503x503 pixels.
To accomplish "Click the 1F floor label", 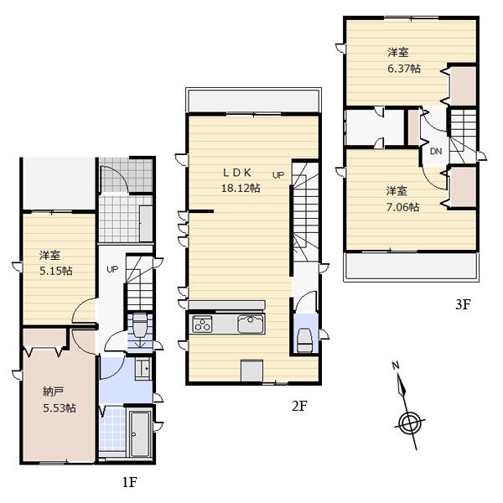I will pyautogui.click(x=127, y=482).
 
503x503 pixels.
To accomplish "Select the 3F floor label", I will pyautogui.click(x=462, y=305).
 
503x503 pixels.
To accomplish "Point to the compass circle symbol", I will pyautogui.click(x=409, y=423).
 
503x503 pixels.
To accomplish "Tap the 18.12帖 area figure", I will pyautogui.click(x=241, y=189).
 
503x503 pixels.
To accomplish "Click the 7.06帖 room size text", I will pyautogui.click(x=401, y=205).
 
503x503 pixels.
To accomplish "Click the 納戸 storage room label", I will pyautogui.click(x=54, y=391).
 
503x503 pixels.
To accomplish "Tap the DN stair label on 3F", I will pyautogui.click(x=436, y=152).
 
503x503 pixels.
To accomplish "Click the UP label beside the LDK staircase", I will pyautogui.click(x=277, y=175).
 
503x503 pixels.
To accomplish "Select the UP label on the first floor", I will pyautogui.click(x=111, y=269).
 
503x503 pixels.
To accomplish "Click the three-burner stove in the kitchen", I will pyautogui.click(x=204, y=324).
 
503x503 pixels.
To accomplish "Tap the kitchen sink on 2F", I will pyautogui.click(x=251, y=324).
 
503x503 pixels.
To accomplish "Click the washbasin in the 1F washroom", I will pyautogui.click(x=142, y=367).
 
